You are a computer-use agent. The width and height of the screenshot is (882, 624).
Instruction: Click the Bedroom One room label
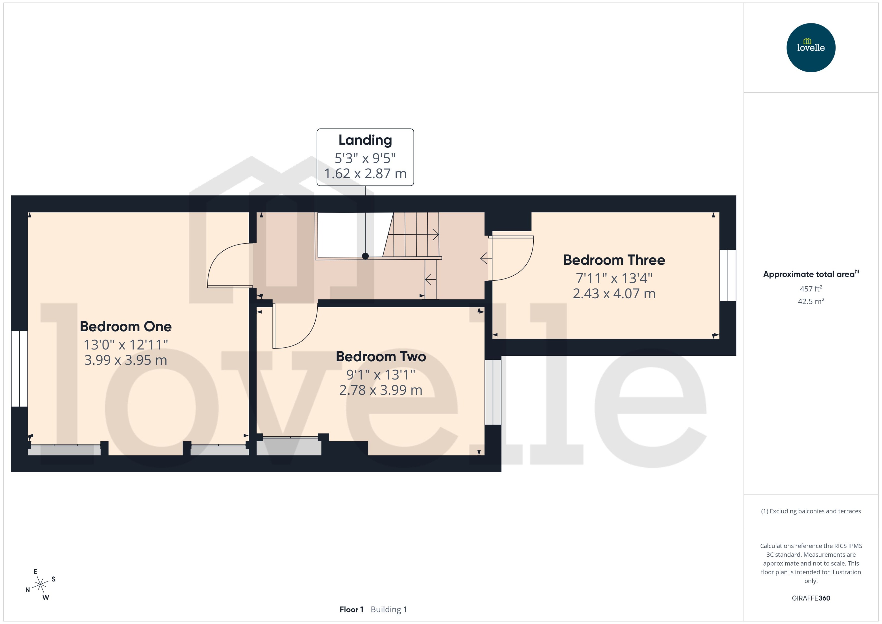(x=126, y=326)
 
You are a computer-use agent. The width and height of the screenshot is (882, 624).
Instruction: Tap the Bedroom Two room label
(x=381, y=356)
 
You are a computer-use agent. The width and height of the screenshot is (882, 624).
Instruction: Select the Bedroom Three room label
(x=614, y=260)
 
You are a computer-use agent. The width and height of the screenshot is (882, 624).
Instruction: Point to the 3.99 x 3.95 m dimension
(x=126, y=360)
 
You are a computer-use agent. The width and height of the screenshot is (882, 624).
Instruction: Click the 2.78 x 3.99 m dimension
(x=381, y=390)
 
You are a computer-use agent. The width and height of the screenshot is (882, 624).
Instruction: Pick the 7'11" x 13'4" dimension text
(x=614, y=278)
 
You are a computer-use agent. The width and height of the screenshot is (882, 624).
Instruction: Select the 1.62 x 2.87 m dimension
(x=365, y=174)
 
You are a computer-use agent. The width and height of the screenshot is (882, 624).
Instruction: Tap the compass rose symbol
(x=40, y=585)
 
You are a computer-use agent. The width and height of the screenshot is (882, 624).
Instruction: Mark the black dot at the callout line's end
(x=365, y=256)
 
